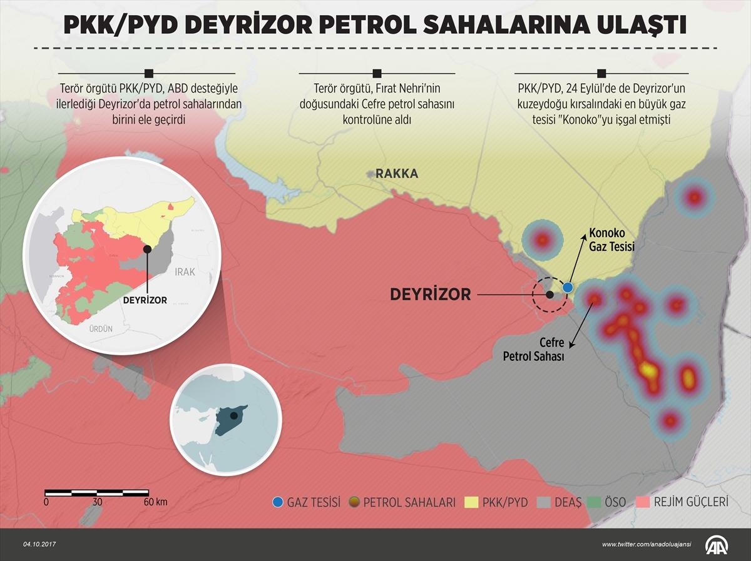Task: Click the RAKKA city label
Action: pyautogui.click(x=397, y=174)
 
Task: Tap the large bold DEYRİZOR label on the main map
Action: pyautogui.click(x=430, y=295)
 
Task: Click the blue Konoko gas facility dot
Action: pyautogui.click(x=568, y=287)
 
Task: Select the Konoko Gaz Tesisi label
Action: pyautogui.click(x=611, y=241)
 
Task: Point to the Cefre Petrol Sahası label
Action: pyautogui.click(x=534, y=350)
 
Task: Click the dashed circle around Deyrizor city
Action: pyautogui.click(x=549, y=295)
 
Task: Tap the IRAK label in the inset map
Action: pyautogui.click(x=185, y=272)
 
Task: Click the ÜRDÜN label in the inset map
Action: pyautogui.click(x=101, y=328)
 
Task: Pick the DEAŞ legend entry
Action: pyautogui.click(x=560, y=502)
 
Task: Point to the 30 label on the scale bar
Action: pyautogui.click(x=97, y=502)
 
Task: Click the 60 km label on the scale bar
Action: pyautogui.click(x=155, y=502)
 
